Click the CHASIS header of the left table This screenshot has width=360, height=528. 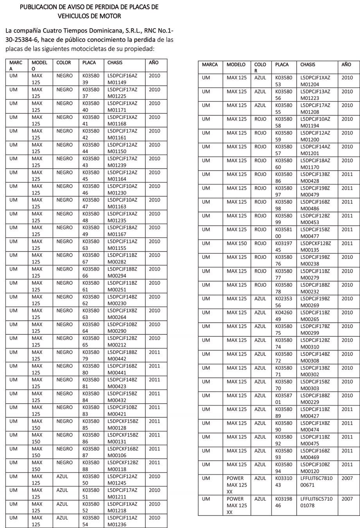click(x=115, y=63)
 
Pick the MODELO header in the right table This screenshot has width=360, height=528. click(x=236, y=65)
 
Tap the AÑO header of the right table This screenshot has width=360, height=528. click(x=346, y=65)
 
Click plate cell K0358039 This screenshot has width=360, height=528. click(x=91, y=79)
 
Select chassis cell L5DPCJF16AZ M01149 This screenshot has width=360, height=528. click(x=122, y=79)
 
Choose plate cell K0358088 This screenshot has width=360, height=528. click(x=91, y=466)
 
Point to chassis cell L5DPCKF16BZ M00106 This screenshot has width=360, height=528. click(x=123, y=452)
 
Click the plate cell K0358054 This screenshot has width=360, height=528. click(x=91, y=521)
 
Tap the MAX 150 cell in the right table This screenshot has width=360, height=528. click(x=236, y=243)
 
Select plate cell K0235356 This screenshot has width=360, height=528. click(x=283, y=302)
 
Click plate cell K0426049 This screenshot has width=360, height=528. click(x=283, y=316)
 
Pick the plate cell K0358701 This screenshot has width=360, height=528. click(x=283, y=399)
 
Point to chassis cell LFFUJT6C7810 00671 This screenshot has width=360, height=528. click(x=316, y=481)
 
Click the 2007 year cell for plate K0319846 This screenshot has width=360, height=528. click(x=347, y=499)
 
